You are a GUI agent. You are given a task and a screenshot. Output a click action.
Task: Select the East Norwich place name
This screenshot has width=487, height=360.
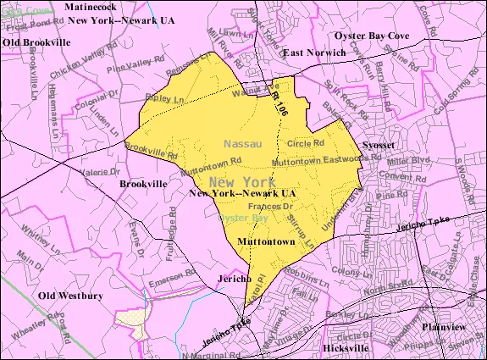pos(314,53)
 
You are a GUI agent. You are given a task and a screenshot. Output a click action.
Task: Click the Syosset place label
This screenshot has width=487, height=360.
pos(379,145)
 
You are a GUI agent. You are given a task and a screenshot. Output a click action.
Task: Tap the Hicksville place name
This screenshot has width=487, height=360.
pos(347,348)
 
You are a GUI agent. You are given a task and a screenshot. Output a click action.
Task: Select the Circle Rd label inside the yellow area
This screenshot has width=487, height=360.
pos(305,143)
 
